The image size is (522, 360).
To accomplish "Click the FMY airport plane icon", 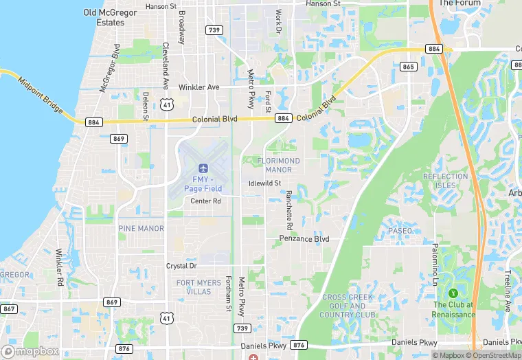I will click(203, 168).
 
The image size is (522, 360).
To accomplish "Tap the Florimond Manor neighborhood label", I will click(279, 165).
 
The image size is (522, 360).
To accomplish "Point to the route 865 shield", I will click(409, 67).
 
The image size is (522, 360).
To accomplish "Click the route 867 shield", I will click(8, 308).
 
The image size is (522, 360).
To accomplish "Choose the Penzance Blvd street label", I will click(304, 239).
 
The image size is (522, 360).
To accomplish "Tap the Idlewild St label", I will click(265, 183).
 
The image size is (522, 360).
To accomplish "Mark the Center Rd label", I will click(205, 201).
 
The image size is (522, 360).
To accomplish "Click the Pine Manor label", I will click(141, 228).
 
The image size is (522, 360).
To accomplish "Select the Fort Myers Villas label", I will click(198, 286).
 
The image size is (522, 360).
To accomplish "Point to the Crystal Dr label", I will click(181, 266).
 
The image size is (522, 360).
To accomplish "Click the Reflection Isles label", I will click(445, 181).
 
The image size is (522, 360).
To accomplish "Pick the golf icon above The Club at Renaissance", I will click(453, 293).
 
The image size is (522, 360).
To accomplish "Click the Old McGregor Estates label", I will click(104, 17).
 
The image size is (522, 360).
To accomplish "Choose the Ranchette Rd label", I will click(290, 210).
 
